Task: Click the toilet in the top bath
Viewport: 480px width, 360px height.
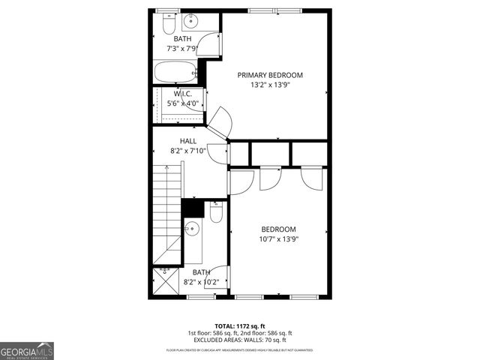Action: (166, 25)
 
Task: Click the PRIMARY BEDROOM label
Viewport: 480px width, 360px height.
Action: (270, 75)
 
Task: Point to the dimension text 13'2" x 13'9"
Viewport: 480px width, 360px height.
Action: (270, 85)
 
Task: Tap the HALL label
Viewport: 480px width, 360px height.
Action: (188, 140)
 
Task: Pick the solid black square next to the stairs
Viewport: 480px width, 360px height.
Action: (193, 208)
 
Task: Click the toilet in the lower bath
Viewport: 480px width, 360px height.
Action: (217, 214)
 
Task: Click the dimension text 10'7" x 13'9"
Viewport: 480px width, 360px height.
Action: (278, 239)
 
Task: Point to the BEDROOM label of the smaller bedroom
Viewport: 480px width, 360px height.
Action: (278, 229)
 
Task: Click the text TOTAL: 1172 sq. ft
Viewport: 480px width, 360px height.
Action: (240, 325)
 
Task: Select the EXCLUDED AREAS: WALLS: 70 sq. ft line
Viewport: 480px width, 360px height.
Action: (240, 340)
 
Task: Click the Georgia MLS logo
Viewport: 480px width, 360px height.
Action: (27, 351)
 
